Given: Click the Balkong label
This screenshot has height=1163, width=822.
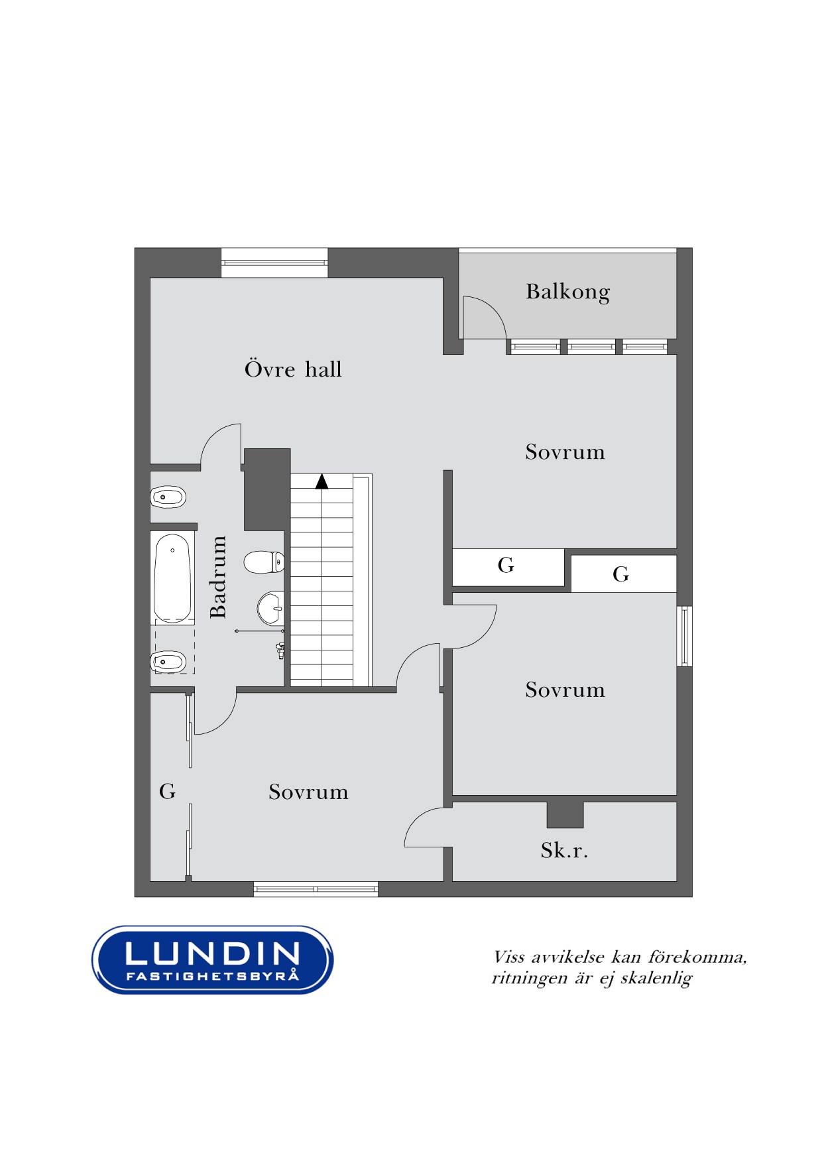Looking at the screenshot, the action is tap(568, 292).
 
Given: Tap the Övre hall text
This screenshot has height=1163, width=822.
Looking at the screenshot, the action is tap(293, 369).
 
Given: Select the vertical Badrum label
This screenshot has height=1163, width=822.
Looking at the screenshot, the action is tap(218, 577).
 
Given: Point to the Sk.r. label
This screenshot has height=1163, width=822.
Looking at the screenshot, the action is tap(564, 850).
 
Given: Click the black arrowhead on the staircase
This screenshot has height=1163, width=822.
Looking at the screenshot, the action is tap(322, 481).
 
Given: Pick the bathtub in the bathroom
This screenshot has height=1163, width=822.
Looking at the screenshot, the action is tap(172, 578).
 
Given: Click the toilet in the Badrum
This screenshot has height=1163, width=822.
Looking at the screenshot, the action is tap(264, 562).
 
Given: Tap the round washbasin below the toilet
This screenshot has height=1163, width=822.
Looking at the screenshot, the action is tap(270, 608).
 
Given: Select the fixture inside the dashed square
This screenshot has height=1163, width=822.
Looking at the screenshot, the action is tap(168, 661).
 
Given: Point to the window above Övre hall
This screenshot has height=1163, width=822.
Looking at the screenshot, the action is tap(274, 263).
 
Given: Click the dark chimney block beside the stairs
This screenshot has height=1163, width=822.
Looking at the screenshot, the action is tap(267, 489).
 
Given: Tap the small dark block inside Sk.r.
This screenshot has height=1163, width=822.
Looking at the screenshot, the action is tap(565, 815).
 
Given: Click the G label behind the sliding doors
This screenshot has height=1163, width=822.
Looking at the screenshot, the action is tap(167, 791).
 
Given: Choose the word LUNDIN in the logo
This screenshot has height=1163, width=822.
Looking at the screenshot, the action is tap(212, 953).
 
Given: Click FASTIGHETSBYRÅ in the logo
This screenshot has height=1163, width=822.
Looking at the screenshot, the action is tap(212, 975).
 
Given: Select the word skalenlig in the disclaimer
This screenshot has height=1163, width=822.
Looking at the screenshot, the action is tap(656, 979).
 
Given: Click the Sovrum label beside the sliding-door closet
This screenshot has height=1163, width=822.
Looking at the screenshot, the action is tap(308, 792).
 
